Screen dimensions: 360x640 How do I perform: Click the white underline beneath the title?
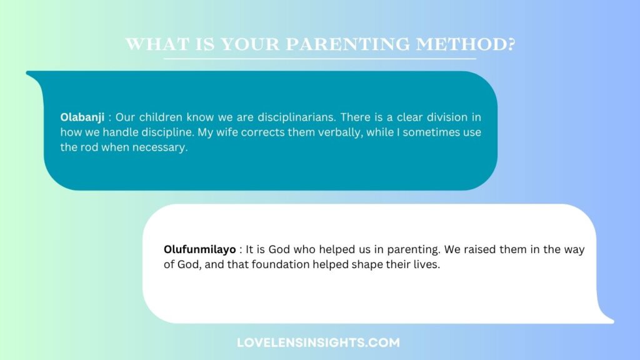(320, 59)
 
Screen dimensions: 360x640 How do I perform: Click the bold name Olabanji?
(82, 117)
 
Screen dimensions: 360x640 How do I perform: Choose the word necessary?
(161, 148)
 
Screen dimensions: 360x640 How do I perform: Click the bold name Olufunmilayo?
(199, 249)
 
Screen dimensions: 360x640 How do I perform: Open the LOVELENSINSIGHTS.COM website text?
(318, 342)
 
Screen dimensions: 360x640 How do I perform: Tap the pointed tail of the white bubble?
(609, 321)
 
